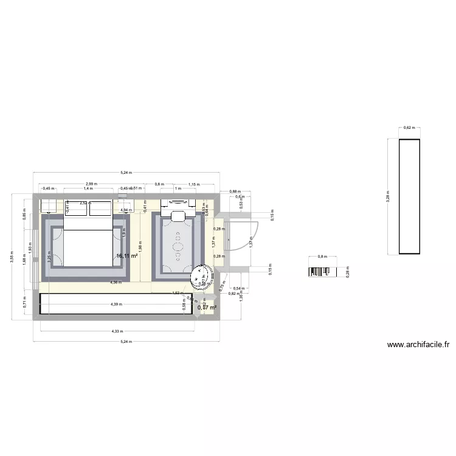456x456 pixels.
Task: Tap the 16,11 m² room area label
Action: coord(127,257)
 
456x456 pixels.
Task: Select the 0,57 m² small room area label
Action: coord(207,308)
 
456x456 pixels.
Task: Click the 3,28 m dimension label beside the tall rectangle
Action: coord(388,196)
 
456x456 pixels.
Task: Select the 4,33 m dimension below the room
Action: coord(117,331)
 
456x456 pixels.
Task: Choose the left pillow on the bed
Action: coord(75,208)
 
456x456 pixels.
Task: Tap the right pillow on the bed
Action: coord(100,208)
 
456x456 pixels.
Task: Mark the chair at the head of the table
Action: coord(179,216)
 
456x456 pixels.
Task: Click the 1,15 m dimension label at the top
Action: coord(194,184)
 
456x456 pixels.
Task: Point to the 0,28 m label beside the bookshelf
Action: coord(348,272)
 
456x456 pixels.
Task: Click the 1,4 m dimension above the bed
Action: coord(88,188)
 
